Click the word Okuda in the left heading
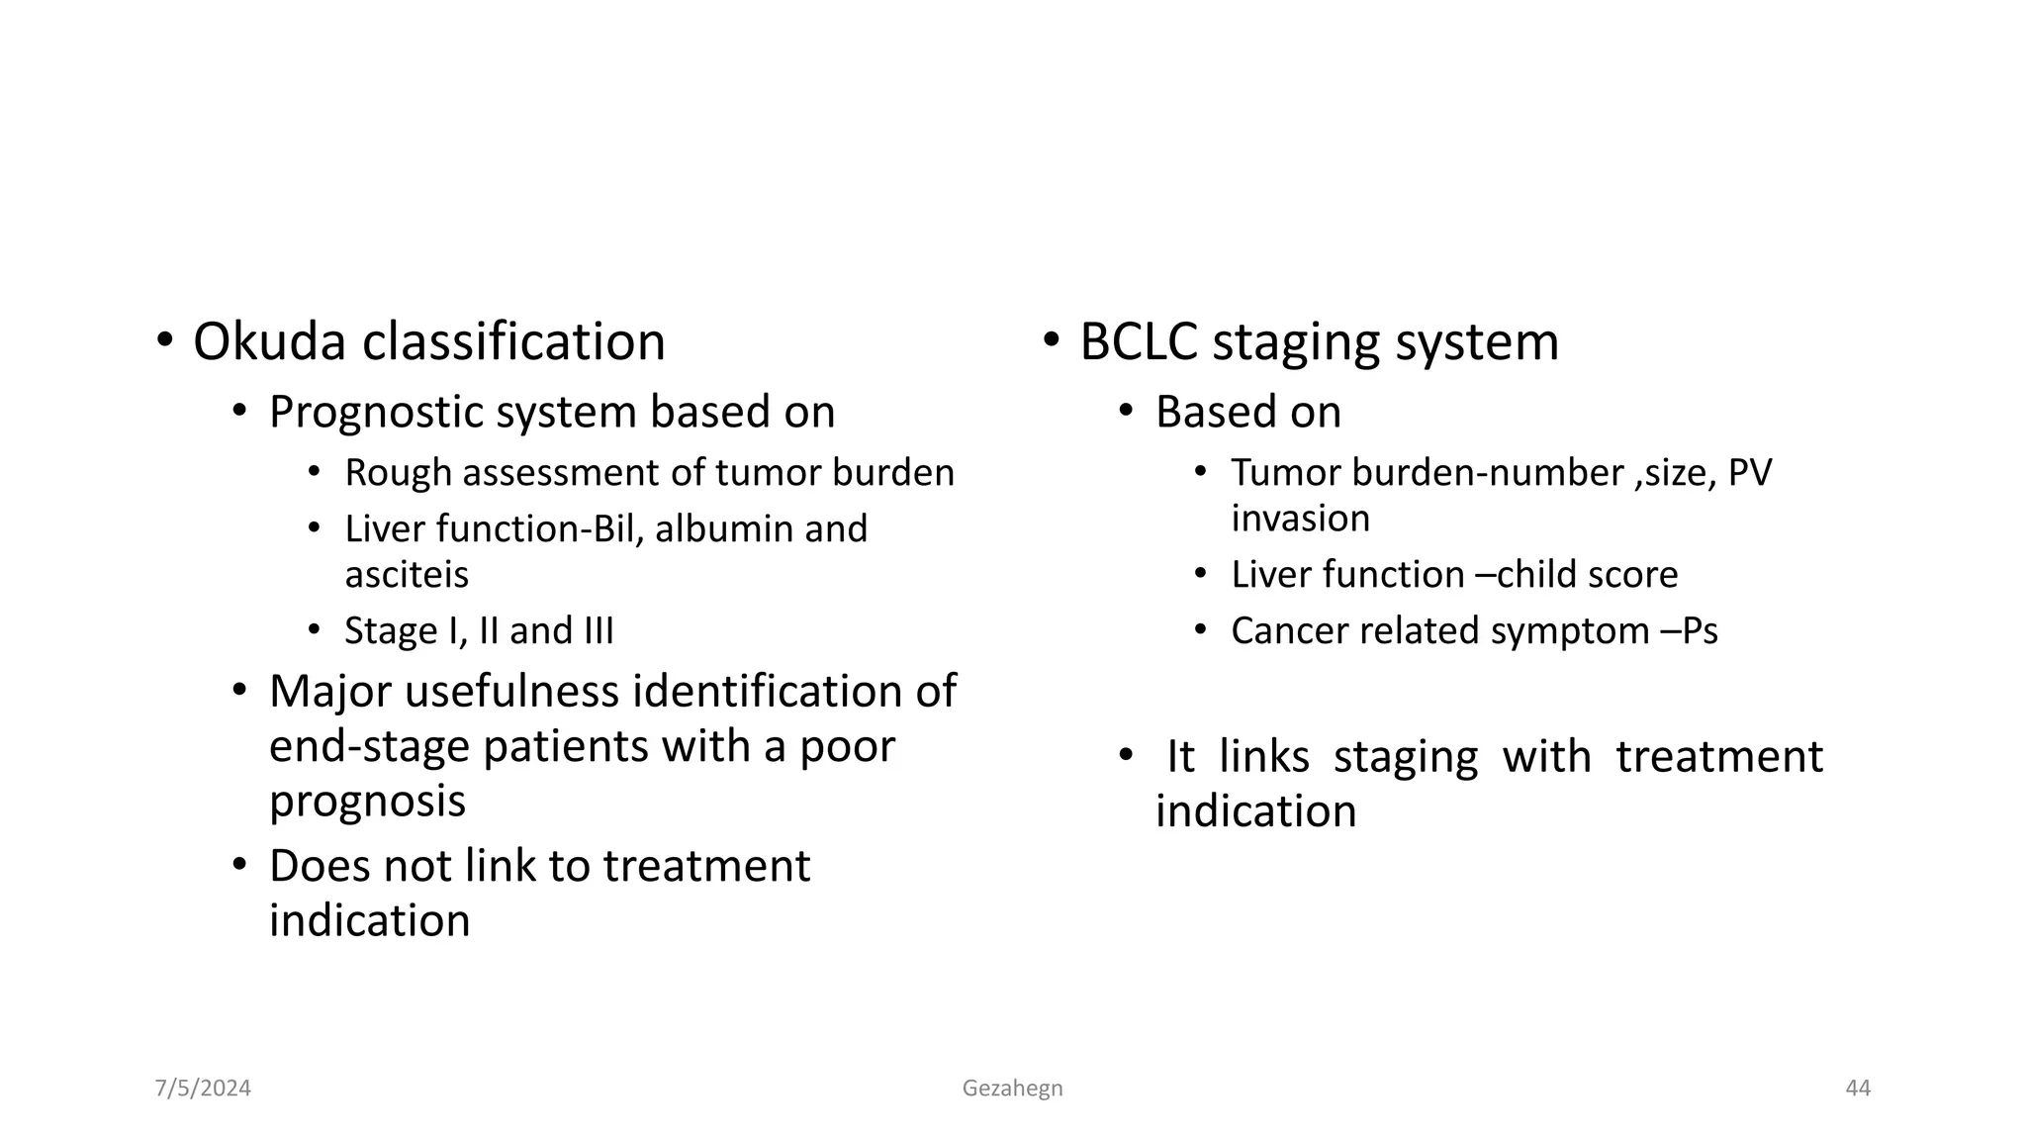tap(269, 342)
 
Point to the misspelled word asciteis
tap(407, 575)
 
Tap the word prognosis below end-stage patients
tap(367, 801)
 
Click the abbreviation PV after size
tap(1749, 473)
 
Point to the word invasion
tap(1300, 519)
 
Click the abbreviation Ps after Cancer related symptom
tap(1699, 631)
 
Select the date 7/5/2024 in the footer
tap(203, 1089)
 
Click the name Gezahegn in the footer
tap(1012, 1089)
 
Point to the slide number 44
tap(1858, 1089)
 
